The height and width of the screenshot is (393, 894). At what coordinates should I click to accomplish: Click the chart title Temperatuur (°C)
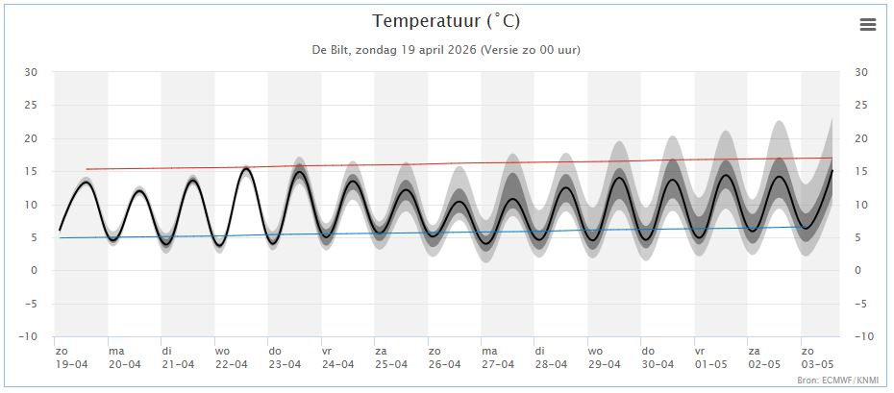(x=446, y=21)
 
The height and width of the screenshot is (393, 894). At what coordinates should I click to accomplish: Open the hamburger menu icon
(x=868, y=25)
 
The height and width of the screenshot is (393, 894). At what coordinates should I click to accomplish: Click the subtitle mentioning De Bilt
(x=446, y=49)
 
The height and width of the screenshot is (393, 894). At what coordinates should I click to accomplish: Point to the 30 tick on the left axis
(x=31, y=72)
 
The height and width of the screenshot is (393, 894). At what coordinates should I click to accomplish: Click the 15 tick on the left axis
(x=31, y=171)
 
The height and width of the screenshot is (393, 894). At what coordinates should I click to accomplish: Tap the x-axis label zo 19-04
(x=70, y=357)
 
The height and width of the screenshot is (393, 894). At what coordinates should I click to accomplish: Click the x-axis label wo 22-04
(x=231, y=357)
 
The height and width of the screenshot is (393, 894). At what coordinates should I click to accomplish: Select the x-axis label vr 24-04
(x=337, y=357)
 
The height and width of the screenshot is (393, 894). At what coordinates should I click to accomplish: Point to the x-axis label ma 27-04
(x=498, y=357)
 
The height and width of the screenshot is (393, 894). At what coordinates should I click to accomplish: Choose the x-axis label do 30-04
(x=658, y=357)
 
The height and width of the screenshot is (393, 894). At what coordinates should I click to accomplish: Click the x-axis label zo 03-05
(x=818, y=357)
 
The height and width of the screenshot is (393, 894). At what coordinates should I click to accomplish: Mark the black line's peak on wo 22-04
(x=246, y=168)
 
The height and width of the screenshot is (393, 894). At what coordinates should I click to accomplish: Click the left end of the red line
(x=87, y=169)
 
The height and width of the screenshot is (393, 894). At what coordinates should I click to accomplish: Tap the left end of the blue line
(x=61, y=237)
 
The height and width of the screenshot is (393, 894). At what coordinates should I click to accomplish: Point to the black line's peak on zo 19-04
(x=86, y=182)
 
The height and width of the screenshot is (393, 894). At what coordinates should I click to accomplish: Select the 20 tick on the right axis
(x=861, y=138)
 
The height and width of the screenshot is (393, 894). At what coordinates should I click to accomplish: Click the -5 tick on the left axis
(x=31, y=304)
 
